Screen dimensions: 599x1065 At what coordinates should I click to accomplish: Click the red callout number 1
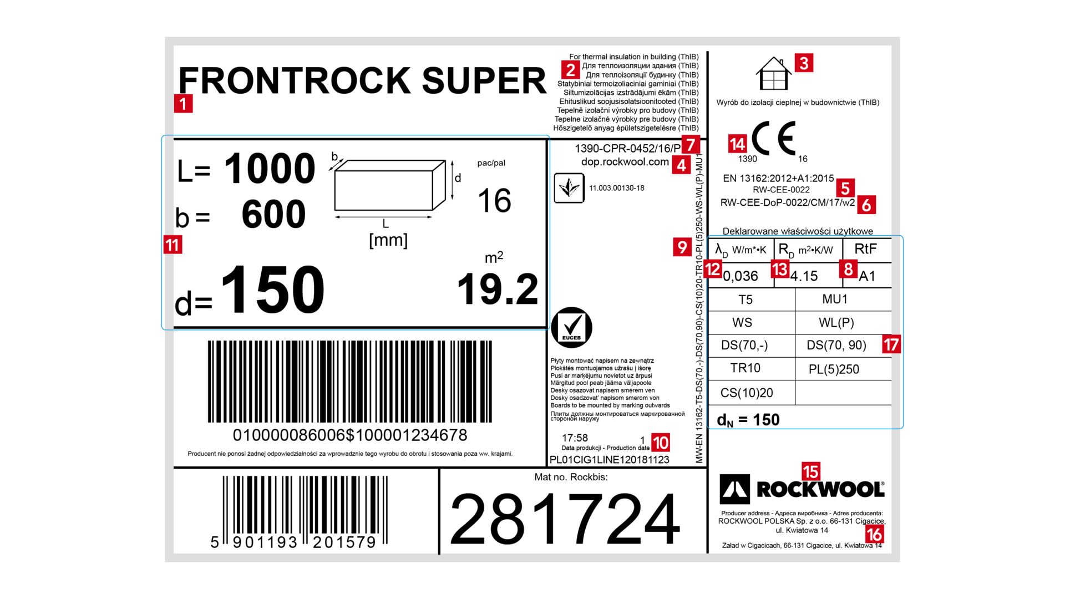[184, 104]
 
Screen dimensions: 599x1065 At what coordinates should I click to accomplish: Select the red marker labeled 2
[570, 70]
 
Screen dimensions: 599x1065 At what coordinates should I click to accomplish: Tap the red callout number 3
[804, 63]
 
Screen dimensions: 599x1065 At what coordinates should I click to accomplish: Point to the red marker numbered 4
[681, 165]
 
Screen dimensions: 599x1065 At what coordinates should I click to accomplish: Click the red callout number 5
[845, 189]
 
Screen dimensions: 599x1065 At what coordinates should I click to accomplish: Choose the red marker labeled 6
[866, 205]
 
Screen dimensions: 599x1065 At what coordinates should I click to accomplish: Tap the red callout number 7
[691, 145]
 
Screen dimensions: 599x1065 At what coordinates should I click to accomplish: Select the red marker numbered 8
[848, 270]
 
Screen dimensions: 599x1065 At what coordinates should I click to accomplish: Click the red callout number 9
[682, 247]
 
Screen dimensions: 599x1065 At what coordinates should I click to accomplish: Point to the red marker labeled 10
[661, 443]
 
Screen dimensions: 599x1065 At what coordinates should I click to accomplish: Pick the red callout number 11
[173, 245]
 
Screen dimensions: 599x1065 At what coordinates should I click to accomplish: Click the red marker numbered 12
[713, 270]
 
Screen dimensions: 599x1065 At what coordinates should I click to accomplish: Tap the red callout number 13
[780, 270]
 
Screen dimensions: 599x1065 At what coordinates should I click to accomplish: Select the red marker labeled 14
[737, 144]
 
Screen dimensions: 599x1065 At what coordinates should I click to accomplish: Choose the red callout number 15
[811, 472]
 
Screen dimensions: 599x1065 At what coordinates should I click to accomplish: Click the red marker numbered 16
[875, 535]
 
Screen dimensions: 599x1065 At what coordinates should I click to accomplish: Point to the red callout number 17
[891, 345]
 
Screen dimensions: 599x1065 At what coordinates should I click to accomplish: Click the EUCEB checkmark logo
[571, 327]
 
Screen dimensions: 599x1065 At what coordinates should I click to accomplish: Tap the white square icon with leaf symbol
[569, 188]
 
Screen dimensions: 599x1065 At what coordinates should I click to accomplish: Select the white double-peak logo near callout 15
[735, 489]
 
